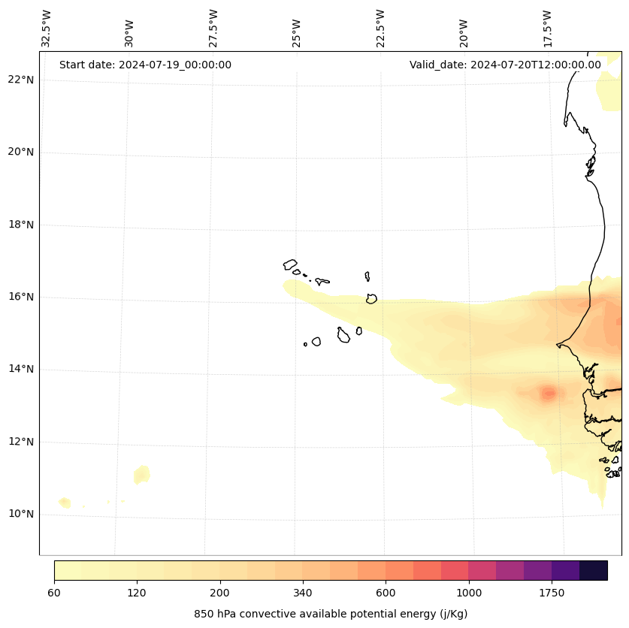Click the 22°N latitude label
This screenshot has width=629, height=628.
[x=20, y=80]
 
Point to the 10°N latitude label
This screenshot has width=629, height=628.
[x=20, y=515]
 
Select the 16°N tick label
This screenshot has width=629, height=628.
[x=20, y=297]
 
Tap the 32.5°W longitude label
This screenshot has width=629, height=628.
[x=47, y=29]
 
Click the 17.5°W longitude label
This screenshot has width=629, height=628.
[x=548, y=29]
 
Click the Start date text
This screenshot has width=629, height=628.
[x=145, y=65]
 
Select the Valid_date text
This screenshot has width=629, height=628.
[x=505, y=65]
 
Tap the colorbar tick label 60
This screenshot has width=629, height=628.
[x=54, y=593]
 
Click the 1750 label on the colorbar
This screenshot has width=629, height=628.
[x=552, y=593]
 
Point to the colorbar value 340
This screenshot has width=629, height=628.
[x=303, y=593]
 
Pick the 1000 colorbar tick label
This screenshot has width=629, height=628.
[x=469, y=593]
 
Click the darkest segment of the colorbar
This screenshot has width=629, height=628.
[x=593, y=570]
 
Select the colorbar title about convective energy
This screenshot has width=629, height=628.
[x=331, y=614]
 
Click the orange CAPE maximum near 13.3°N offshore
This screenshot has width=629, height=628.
[x=548, y=393]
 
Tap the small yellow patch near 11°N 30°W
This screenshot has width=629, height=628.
[x=141, y=474]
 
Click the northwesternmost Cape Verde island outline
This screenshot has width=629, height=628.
[x=290, y=264]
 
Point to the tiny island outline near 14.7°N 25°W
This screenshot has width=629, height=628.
[x=305, y=344]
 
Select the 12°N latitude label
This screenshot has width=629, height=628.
[x=20, y=442]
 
